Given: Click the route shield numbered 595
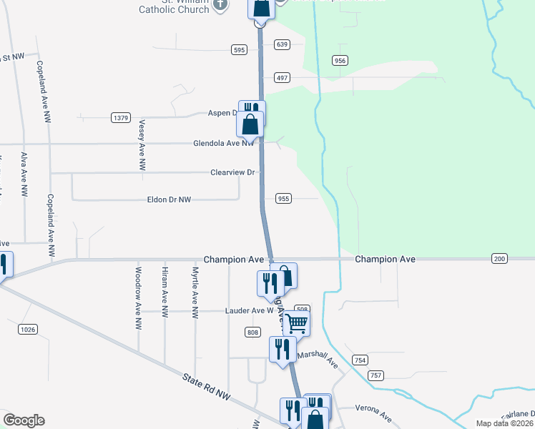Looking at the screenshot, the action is pos(239,49).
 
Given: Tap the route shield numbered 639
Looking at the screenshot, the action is pos(283,44).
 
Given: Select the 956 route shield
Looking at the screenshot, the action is pos(340,61).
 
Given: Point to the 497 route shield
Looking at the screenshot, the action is pos(283,77).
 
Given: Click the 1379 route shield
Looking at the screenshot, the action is pos(121,117).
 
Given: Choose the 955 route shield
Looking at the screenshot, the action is pos(283,198).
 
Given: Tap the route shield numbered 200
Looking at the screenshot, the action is pos(499,258).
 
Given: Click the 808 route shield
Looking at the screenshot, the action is pos(252,332).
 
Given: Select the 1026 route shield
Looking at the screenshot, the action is pos(27,328).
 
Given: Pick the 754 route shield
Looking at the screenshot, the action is pos(360,360).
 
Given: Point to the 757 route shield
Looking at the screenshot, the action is pos(376,375).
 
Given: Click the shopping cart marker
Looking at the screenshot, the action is pos(296,323).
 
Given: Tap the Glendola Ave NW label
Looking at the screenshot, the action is pos(223,143).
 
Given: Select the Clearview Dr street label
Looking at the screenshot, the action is pos(232,172).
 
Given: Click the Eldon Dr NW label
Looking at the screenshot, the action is pos(169,199).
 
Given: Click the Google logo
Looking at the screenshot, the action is pos(24,420).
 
